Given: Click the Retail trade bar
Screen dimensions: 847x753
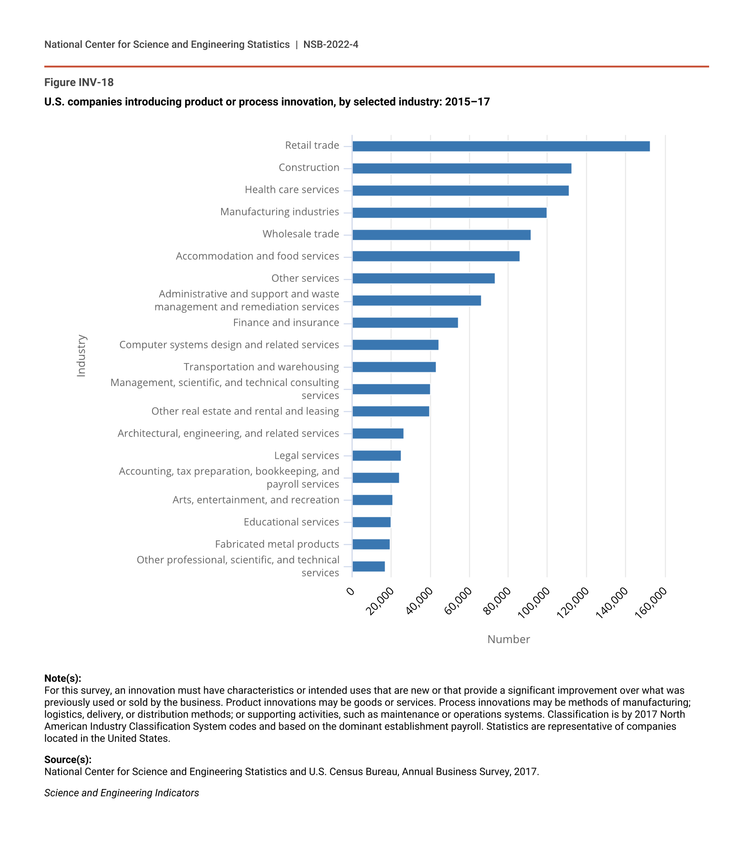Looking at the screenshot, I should [x=501, y=146].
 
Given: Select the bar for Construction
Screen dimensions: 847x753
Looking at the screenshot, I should [x=462, y=168].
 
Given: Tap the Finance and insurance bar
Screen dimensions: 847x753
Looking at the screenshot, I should [x=405, y=323].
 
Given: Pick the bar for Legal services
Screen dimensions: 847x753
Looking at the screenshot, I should [x=377, y=456].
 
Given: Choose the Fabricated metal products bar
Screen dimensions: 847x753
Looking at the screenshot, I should [x=371, y=544].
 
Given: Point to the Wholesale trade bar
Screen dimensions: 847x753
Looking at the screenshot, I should [x=441, y=235].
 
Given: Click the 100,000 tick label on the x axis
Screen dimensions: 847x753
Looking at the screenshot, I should [x=535, y=602].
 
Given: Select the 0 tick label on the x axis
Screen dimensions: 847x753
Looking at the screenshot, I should [x=351, y=591].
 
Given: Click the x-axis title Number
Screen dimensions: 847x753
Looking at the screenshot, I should [x=508, y=639].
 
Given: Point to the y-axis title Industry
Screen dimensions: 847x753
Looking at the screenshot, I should [x=81, y=355].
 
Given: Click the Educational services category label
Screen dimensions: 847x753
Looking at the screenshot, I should [x=291, y=522].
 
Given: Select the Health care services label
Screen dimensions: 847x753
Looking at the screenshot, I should [x=292, y=190].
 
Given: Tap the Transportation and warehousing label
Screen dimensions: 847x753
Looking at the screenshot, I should [x=261, y=367].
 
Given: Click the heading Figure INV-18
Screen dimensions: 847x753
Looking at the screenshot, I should [x=79, y=82].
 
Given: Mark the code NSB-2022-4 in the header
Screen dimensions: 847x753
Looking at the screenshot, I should [x=331, y=44].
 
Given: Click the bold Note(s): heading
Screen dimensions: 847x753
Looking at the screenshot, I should [x=62, y=678].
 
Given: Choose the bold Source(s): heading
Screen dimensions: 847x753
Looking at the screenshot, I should [x=68, y=759].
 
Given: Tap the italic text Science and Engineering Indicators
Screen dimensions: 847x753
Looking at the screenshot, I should [x=121, y=792].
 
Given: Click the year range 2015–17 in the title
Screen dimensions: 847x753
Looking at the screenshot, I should [x=467, y=102].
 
